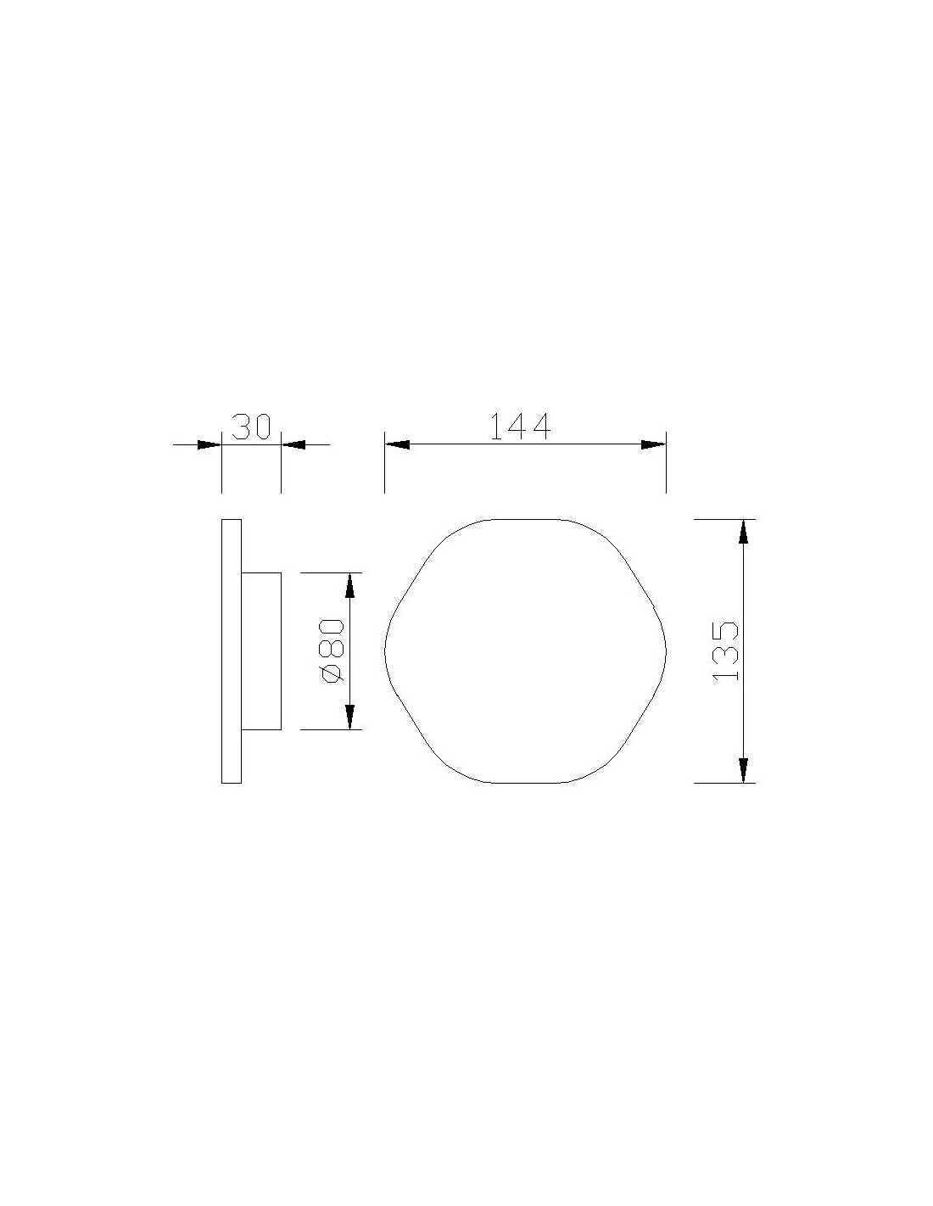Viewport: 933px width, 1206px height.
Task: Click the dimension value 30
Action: [251, 427]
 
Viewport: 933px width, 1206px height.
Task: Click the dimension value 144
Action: [521, 427]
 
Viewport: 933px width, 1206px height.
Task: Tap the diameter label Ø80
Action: [331, 651]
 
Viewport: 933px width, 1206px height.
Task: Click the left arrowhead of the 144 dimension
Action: [397, 444]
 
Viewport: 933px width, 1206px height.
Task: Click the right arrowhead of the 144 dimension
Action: [653, 444]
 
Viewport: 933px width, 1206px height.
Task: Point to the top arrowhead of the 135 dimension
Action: [744, 532]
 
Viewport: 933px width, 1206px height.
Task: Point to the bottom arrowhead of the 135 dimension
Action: [744, 770]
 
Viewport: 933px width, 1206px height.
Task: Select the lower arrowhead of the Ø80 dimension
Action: [349, 717]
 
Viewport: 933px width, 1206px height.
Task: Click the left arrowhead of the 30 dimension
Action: [209, 444]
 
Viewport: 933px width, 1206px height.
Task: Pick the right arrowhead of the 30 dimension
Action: [293, 444]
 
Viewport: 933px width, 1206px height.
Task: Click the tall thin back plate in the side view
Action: [232, 651]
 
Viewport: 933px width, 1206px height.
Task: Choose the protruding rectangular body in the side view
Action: [261, 651]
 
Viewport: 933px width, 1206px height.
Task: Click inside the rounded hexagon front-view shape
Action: [525, 651]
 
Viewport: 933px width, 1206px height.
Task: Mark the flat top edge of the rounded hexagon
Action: [525, 519]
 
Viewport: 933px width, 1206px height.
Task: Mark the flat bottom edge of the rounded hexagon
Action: [525, 783]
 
